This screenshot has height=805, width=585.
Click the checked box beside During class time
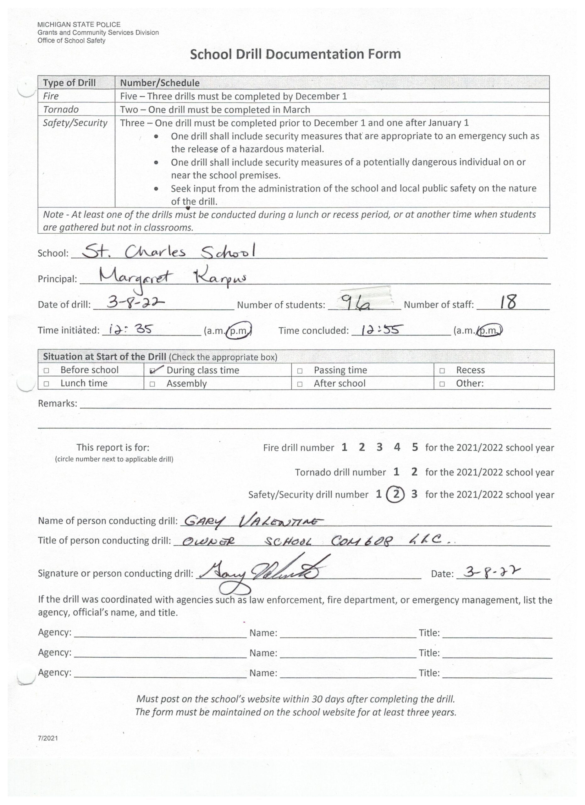point(153,370)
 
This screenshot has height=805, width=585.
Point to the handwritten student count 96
point(355,303)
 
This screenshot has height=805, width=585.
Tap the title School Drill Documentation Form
point(295,54)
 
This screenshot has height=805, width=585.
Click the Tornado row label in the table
point(61,109)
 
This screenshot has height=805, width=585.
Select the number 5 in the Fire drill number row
point(415,447)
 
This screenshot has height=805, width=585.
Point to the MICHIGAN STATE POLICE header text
point(79,25)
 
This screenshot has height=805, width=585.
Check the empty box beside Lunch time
point(47,384)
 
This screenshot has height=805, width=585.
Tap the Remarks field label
point(57,403)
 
